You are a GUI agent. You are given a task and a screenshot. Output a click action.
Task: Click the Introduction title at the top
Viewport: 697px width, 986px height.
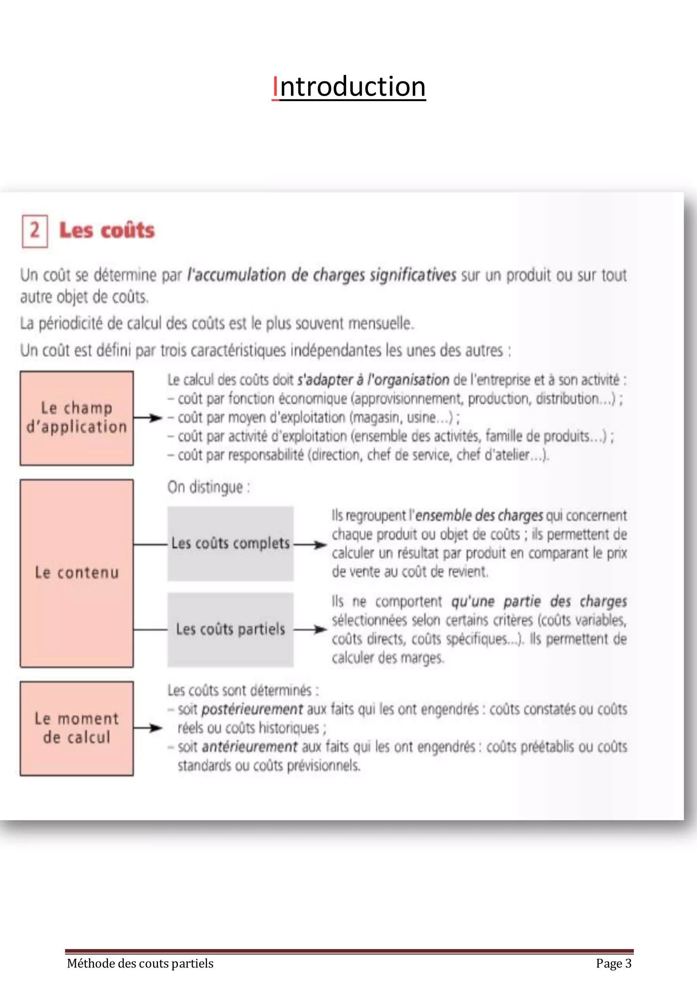click(x=348, y=87)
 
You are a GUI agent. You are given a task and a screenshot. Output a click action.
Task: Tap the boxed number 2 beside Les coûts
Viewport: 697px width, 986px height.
click(x=35, y=231)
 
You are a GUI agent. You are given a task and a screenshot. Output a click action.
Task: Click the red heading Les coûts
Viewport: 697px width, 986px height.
click(x=107, y=230)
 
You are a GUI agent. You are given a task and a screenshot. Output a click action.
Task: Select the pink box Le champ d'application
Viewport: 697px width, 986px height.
click(x=76, y=418)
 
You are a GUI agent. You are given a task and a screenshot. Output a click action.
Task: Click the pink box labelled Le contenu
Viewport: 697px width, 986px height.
click(x=76, y=573)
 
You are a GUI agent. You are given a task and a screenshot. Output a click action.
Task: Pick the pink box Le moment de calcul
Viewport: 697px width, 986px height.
click(x=76, y=728)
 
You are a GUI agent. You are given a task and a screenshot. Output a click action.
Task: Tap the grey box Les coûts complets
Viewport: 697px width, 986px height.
click(x=230, y=544)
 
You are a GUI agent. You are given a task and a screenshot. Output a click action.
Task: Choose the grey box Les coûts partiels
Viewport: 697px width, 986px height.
click(x=230, y=630)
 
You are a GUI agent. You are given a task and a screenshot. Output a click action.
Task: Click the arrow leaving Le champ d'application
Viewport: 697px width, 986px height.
click(x=148, y=418)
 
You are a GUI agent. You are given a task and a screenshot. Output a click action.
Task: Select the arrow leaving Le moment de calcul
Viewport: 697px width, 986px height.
click(x=148, y=728)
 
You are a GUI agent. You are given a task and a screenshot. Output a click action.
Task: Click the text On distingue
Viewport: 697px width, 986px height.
click(x=209, y=488)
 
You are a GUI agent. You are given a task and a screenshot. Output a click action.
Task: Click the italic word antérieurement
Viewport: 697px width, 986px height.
click(x=249, y=747)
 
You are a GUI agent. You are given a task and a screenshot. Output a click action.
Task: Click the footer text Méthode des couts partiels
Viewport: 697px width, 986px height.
click(x=140, y=963)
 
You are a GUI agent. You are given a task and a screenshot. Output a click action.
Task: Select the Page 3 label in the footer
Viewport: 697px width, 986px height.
click(x=613, y=963)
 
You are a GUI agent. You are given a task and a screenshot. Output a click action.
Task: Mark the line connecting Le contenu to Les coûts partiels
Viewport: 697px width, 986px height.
click(x=150, y=630)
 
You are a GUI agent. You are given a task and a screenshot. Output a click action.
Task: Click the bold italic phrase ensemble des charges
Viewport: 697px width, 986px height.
click(x=479, y=515)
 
